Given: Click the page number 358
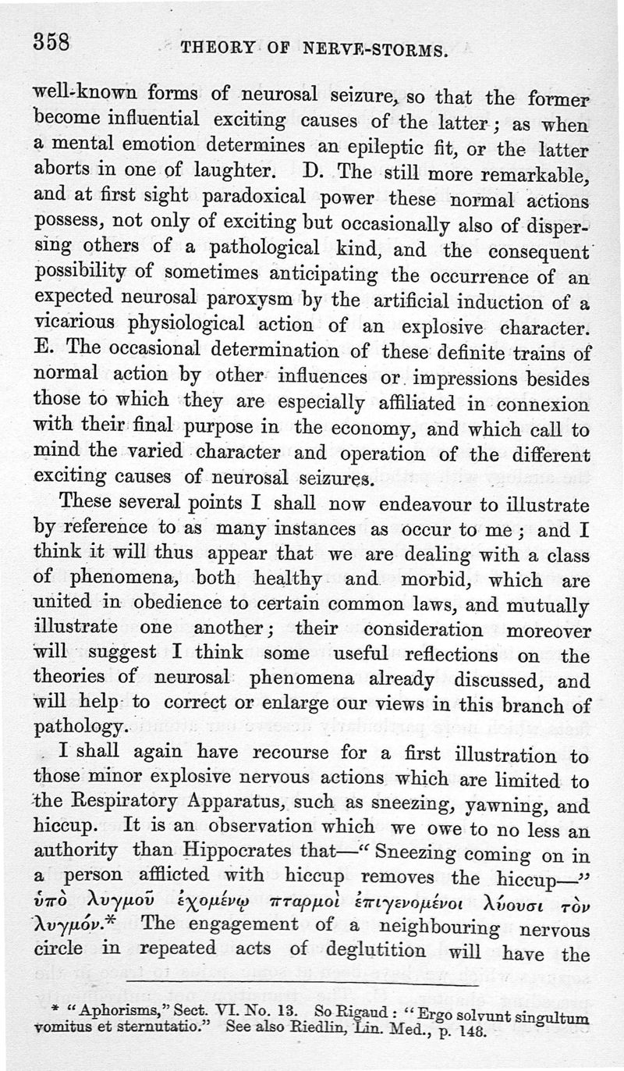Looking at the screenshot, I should coord(51,42).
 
